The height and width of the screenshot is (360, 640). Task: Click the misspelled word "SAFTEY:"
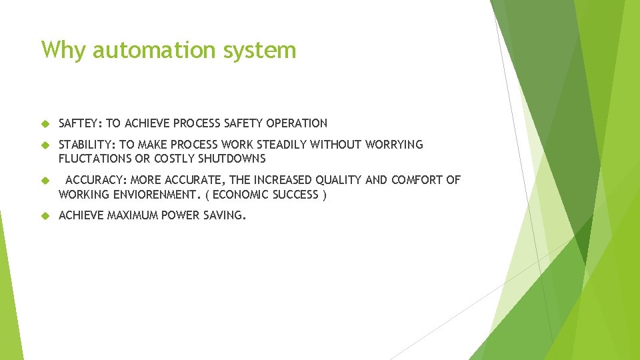coord(80,123)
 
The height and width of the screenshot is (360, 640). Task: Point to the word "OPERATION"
coord(297,123)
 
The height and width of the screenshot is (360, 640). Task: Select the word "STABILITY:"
coord(87,145)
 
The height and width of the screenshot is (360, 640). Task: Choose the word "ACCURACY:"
coord(96,180)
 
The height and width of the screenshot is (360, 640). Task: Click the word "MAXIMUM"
coord(137,216)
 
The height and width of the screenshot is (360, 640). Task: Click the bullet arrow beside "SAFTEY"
coord(45,123)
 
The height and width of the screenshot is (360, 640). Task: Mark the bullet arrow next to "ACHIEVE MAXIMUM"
coord(45,216)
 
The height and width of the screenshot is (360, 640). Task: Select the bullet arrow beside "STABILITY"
coord(45,145)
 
